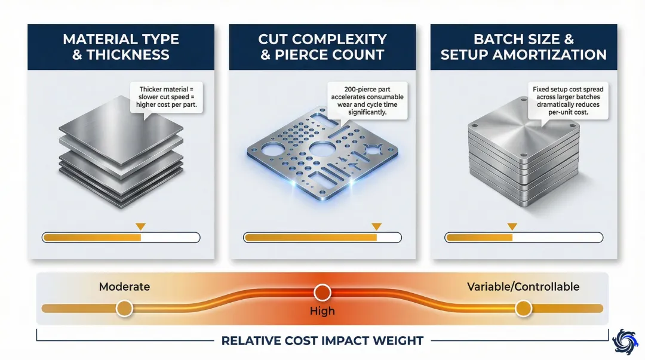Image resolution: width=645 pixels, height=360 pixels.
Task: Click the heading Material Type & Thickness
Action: [121, 47]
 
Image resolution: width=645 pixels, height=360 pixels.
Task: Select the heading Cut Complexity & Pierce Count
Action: [322, 47]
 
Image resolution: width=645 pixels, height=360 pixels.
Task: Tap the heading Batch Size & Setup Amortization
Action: [523, 47]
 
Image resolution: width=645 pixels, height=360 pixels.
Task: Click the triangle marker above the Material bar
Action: [140, 227]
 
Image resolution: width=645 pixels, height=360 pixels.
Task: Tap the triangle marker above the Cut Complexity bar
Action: [376, 227]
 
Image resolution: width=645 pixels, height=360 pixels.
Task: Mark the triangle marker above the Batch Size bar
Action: [511, 227]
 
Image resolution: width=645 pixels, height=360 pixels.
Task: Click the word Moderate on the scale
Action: [124, 287]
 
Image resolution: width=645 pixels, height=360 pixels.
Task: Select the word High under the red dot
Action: [322, 311]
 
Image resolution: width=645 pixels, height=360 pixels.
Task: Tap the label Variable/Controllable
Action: [523, 287]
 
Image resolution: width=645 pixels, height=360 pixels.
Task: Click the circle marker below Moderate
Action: [124, 308]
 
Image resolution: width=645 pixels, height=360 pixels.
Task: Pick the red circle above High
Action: [322, 292]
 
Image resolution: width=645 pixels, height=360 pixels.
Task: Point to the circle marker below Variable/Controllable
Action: [523, 308]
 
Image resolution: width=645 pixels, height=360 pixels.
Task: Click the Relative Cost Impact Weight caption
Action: [322, 341]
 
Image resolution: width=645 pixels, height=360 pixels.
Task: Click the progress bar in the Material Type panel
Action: [121, 238]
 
